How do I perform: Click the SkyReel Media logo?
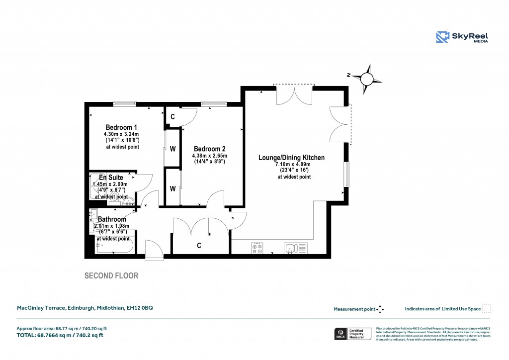462,37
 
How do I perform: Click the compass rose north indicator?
367,78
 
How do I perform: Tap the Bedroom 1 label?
121,127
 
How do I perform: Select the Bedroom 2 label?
210,149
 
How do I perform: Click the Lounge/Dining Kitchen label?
291,158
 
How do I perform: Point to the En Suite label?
110,178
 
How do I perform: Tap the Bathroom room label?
111,219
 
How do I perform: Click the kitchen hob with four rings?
257,248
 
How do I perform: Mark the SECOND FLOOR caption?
111,275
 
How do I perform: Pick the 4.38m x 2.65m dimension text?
209,156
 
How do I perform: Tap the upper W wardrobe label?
172,148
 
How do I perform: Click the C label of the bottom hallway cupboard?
199,245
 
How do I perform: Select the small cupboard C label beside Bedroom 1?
172,117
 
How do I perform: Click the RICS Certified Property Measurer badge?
352,334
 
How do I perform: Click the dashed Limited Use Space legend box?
487,309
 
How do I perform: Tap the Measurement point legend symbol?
380,309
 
